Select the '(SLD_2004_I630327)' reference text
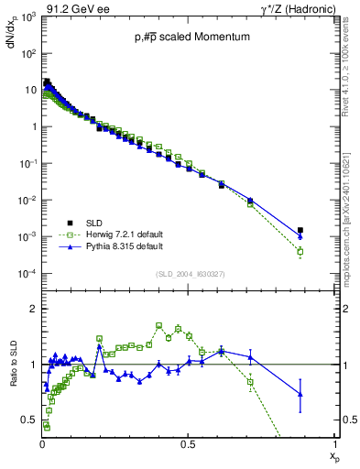point(188,273)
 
